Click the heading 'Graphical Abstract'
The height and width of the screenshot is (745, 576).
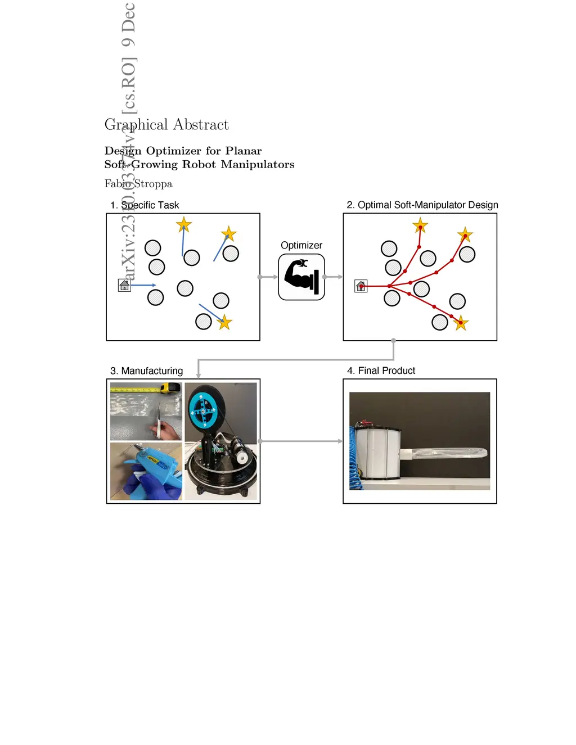point(166,125)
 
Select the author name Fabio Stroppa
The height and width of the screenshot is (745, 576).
point(138,184)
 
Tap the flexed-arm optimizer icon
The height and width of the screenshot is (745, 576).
point(301,277)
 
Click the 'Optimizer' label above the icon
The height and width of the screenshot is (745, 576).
point(301,245)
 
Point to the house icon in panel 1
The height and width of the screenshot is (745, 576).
point(124,286)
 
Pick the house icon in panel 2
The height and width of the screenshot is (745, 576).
point(361,286)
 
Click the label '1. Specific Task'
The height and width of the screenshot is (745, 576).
point(145,205)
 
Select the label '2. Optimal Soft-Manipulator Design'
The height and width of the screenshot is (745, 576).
point(422,205)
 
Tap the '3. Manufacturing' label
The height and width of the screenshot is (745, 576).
point(146,371)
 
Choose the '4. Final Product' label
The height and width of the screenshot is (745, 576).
point(381,371)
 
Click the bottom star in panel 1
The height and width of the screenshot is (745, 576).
point(225,322)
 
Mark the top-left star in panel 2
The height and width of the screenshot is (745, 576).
point(420,226)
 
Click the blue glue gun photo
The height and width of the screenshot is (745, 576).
point(146,471)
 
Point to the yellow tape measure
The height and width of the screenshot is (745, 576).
point(170,387)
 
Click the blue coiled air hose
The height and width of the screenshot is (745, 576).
point(353,455)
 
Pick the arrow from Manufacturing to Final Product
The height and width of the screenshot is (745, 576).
point(301,441)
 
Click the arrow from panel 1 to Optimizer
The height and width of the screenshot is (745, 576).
point(268,277)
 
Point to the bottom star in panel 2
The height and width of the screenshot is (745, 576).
point(461,323)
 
